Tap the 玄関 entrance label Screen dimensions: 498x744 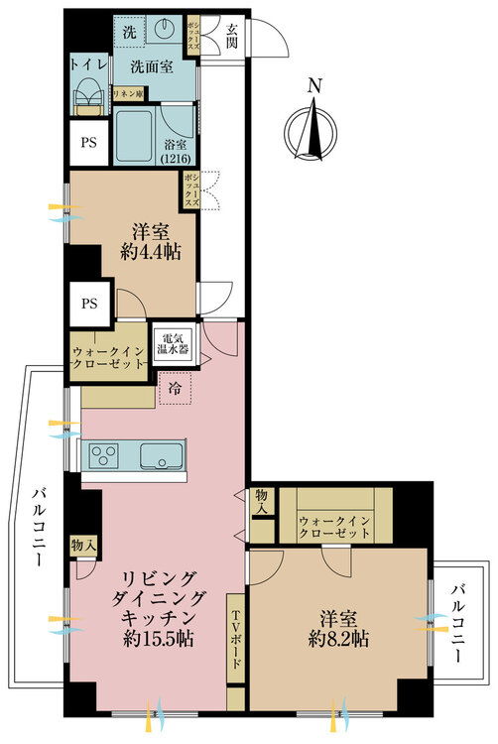click(231, 36)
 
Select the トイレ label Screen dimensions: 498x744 click(88, 65)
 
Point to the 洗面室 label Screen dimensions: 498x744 click(152, 66)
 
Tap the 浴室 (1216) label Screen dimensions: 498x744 click(176, 151)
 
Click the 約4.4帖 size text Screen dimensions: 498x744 click(151, 252)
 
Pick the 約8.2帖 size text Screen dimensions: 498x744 click(338, 639)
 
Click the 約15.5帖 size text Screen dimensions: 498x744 click(159, 639)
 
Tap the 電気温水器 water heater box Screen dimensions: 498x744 click(174, 345)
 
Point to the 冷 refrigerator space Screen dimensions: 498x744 click(175, 389)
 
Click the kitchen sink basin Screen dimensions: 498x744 click(162, 456)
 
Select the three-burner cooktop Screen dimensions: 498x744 click(104, 456)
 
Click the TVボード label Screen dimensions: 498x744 click(236, 639)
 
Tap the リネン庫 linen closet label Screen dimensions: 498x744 click(128, 93)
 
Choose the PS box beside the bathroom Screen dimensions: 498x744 click(88, 142)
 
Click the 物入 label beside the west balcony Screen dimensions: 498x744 click(83, 546)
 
